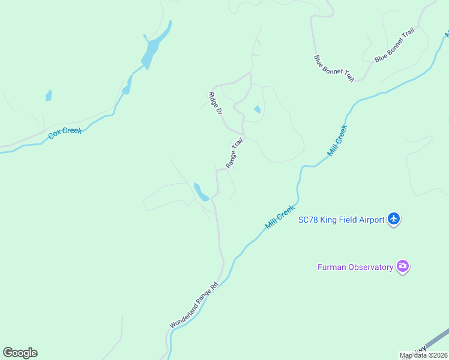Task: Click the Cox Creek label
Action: [65, 133]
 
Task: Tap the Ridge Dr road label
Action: [214, 103]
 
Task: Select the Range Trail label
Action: [234, 153]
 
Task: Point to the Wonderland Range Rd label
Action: [193, 305]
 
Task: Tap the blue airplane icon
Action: [394, 219]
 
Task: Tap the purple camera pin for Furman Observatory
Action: [403, 266]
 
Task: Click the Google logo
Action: [20, 353]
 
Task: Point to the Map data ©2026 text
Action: [423, 355]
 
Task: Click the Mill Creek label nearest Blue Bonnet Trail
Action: [337, 140]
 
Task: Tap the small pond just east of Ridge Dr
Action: [257, 109]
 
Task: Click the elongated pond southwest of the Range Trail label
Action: [199, 191]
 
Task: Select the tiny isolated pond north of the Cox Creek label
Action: [49, 95]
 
